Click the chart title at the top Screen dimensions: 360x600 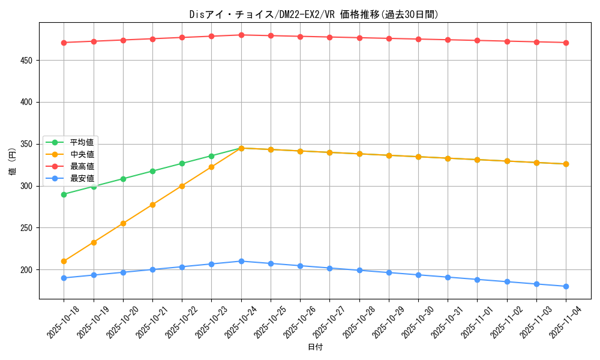tap(314, 14)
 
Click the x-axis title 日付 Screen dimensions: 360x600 tap(315, 347)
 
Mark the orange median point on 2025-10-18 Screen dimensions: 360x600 tap(64, 261)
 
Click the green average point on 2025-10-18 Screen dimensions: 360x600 tap(64, 194)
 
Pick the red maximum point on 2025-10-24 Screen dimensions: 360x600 tap(241, 35)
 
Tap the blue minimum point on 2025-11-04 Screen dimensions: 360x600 tap(566, 286)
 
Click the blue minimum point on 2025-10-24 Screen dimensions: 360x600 tap(241, 261)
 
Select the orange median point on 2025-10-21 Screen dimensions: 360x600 tap(152, 205)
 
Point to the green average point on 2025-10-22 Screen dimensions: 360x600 tap(182, 163)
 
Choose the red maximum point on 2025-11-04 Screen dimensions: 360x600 tap(566, 43)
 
